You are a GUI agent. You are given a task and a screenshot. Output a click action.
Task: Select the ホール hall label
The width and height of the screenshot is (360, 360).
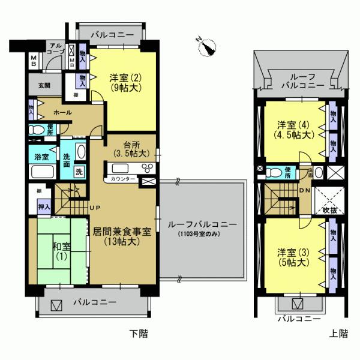click(62, 113)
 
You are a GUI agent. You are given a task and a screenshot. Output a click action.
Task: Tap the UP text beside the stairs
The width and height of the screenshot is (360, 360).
click(95, 208)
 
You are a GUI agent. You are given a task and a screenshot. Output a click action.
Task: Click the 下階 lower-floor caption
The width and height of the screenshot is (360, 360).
click(139, 334)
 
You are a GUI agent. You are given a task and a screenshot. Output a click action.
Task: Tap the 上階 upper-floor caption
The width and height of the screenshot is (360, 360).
click(338, 334)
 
